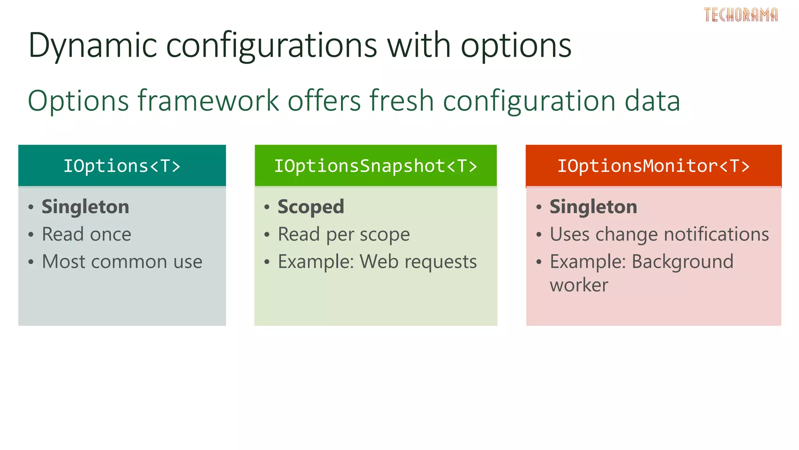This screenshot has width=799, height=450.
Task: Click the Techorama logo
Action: tap(740, 15)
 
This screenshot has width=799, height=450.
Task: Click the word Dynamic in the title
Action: tap(92, 46)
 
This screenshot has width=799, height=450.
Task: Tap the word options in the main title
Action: tap(516, 46)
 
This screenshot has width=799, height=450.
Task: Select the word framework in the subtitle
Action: tap(208, 101)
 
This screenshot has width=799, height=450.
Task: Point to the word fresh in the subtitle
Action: tap(401, 101)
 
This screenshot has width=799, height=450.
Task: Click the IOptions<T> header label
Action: tap(122, 166)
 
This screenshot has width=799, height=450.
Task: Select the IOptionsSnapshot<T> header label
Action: tap(375, 166)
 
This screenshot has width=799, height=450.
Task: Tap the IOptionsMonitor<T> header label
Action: tap(653, 166)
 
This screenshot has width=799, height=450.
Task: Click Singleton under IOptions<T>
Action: tap(85, 207)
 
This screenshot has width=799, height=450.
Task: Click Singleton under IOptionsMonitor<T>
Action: tap(593, 207)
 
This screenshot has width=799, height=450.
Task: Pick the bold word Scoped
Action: tap(311, 207)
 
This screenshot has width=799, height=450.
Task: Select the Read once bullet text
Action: tap(87, 234)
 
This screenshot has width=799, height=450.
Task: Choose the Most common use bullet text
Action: tap(122, 262)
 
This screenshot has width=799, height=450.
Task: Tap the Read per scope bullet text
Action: tap(344, 234)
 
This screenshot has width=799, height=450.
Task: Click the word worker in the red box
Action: tap(579, 285)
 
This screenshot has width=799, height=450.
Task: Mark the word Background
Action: tap(682, 262)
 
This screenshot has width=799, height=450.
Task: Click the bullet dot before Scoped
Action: tap(267, 207)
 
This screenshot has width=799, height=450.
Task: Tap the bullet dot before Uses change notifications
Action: tap(539, 235)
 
